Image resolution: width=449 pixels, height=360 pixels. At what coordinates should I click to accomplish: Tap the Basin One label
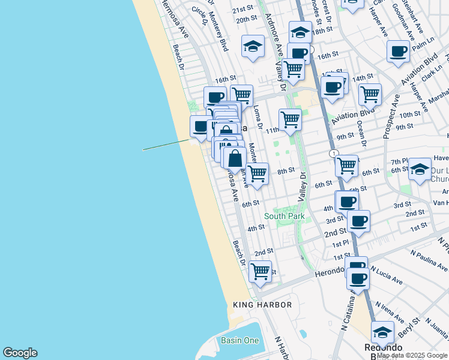[x=240, y=340]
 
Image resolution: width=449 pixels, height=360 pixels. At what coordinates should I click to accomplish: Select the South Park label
[x=284, y=216]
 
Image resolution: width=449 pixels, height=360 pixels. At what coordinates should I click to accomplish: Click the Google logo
[x=20, y=353]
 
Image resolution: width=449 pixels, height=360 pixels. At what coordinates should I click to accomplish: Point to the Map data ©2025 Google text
[x=412, y=356]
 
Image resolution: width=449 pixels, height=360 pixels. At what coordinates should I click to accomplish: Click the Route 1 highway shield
[x=333, y=154]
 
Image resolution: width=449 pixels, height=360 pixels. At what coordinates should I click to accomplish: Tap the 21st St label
[x=243, y=10]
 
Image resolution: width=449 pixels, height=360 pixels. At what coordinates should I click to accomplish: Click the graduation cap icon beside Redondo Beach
[x=382, y=332]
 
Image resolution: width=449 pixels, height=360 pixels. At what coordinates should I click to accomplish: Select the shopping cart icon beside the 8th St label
[x=258, y=173]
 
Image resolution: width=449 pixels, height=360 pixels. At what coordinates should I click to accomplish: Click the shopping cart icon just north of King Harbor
[x=260, y=271]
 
